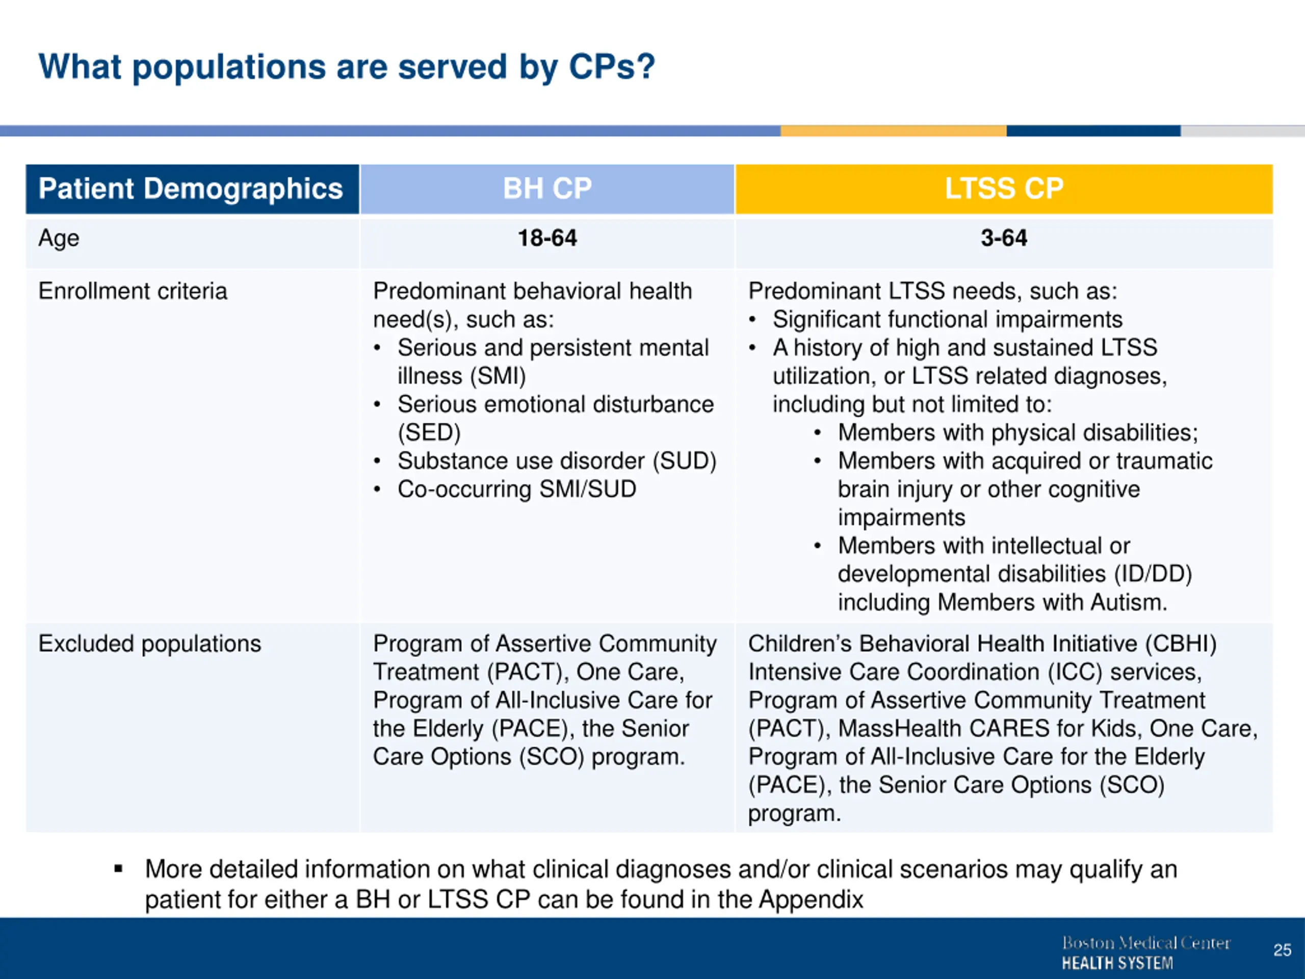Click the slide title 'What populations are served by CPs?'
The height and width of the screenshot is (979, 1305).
tap(347, 67)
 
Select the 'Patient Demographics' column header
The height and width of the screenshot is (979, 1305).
tap(191, 189)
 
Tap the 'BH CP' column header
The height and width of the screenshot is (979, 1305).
tap(547, 189)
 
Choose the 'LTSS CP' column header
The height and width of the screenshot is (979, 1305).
tap(1004, 189)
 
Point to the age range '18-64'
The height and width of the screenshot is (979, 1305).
tap(547, 238)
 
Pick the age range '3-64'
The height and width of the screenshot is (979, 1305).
tap(1004, 238)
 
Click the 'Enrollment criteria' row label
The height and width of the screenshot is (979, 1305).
tap(133, 291)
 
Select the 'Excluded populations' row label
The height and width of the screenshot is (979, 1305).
tap(150, 643)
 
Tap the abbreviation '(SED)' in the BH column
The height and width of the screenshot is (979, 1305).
tap(429, 432)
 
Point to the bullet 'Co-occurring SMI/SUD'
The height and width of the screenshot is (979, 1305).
tap(517, 489)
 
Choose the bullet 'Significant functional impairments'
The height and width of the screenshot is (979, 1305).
tap(948, 319)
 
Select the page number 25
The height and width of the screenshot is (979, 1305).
tap(1282, 950)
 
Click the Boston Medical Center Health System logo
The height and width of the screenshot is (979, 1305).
tap(1146, 952)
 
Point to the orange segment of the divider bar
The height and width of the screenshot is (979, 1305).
tap(893, 131)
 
